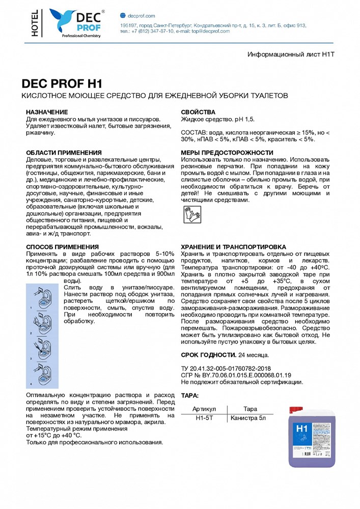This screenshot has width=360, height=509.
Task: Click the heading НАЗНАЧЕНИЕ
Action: [46, 112]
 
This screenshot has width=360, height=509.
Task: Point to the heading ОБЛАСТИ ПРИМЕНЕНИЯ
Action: [64, 153]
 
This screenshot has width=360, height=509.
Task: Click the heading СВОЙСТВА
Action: [198, 112]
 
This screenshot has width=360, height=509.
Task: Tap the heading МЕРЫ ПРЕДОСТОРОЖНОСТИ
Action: [227, 153]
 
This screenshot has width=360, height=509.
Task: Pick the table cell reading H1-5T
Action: [204, 418]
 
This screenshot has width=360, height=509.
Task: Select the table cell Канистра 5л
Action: [249, 418]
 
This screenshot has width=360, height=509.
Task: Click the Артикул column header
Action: [204, 408]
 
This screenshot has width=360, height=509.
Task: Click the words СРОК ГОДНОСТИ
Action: [208, 354]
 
